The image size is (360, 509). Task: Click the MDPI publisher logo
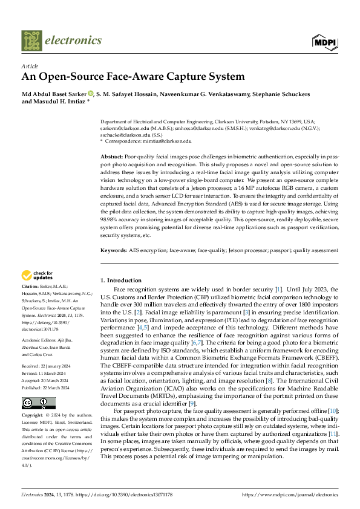[x=325, y=41]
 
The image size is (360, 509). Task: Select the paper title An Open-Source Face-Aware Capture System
[x=133, y=77]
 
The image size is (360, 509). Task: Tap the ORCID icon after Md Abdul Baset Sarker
[x=91, y=94]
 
